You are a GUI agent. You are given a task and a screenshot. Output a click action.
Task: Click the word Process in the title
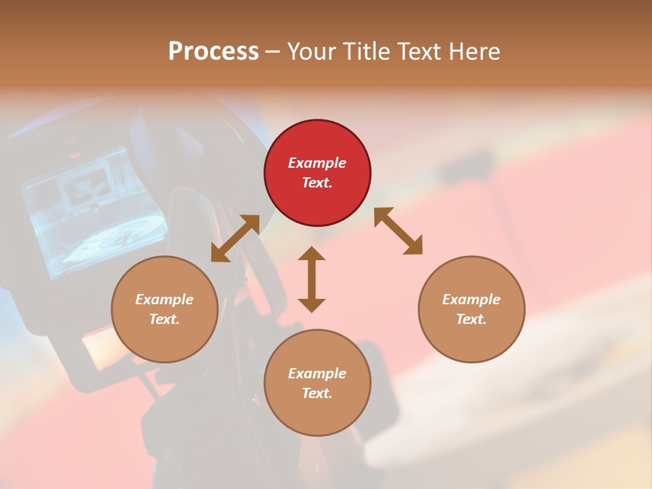213,52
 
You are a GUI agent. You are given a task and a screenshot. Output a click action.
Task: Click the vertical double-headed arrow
312,279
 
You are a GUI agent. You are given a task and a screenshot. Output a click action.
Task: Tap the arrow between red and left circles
235,238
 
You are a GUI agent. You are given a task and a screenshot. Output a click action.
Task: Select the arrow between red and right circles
399,231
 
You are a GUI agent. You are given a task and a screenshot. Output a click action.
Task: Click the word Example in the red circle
317,163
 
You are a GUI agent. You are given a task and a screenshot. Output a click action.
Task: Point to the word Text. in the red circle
317,183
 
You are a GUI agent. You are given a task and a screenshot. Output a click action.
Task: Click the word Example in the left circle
164,300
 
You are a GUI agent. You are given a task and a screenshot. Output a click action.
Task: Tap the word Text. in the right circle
471,319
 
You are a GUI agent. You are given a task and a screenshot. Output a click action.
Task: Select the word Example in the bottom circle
317,374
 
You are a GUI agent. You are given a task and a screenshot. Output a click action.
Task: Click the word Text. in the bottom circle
317,393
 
